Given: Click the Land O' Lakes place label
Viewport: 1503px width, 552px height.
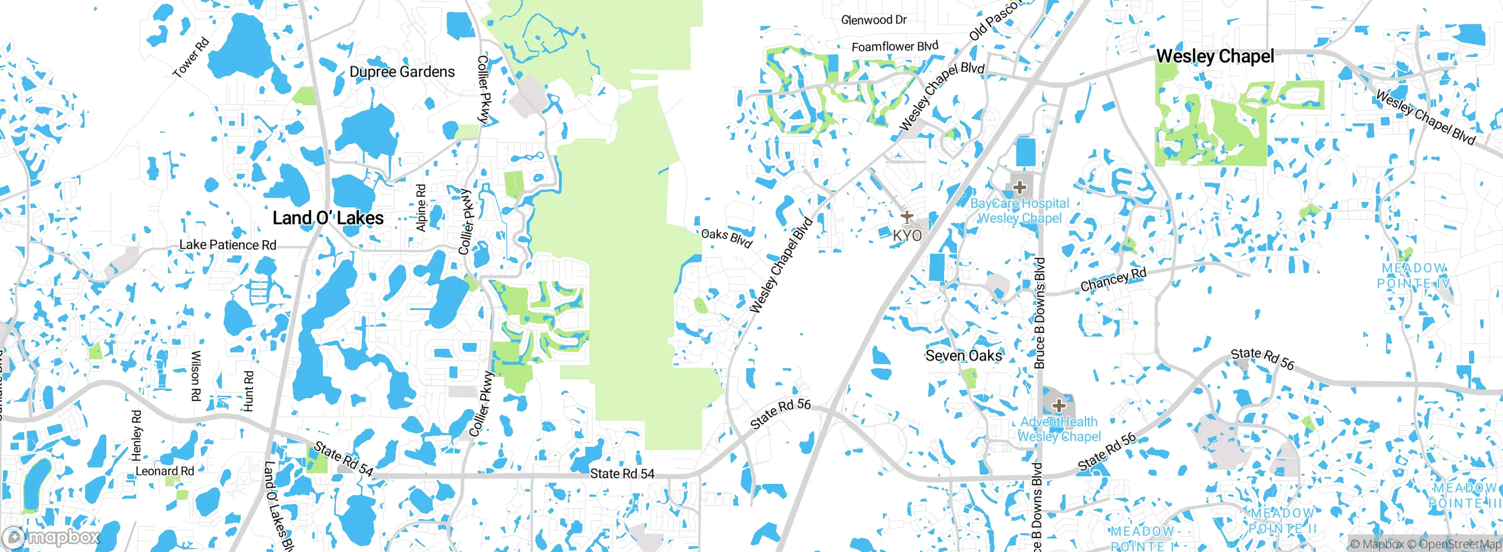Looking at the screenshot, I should [328, 218].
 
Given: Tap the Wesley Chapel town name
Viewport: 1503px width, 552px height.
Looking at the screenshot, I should [1215, 56].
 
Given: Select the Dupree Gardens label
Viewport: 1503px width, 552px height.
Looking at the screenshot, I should [402, 72].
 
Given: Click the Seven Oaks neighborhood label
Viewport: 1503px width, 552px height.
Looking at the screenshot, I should [963, 355].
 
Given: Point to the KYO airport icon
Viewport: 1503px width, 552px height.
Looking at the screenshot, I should [907, 217].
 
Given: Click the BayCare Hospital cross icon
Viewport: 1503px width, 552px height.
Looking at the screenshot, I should [1020, 188].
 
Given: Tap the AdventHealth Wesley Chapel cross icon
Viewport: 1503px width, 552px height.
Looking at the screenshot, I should [1059, 406].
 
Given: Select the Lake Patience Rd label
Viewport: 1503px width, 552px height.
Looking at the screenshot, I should [228, 245].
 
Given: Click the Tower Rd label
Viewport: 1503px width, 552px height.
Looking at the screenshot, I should [191, 58].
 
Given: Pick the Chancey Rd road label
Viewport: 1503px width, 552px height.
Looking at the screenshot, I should [1113, 280].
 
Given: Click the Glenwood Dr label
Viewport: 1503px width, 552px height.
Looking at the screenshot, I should [874, 20].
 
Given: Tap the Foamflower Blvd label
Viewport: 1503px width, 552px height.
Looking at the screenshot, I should [895, 46].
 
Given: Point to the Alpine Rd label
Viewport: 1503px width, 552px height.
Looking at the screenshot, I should [421, 208].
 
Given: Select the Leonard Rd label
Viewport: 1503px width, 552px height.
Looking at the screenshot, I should [164, 471].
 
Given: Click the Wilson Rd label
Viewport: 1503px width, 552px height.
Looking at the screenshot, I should [196, 376].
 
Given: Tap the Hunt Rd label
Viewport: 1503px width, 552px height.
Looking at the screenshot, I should [248, 391].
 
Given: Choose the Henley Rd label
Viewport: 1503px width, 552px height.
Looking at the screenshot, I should [136, 435].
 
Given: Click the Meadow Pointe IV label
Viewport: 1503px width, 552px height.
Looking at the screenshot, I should [1413, 275].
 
